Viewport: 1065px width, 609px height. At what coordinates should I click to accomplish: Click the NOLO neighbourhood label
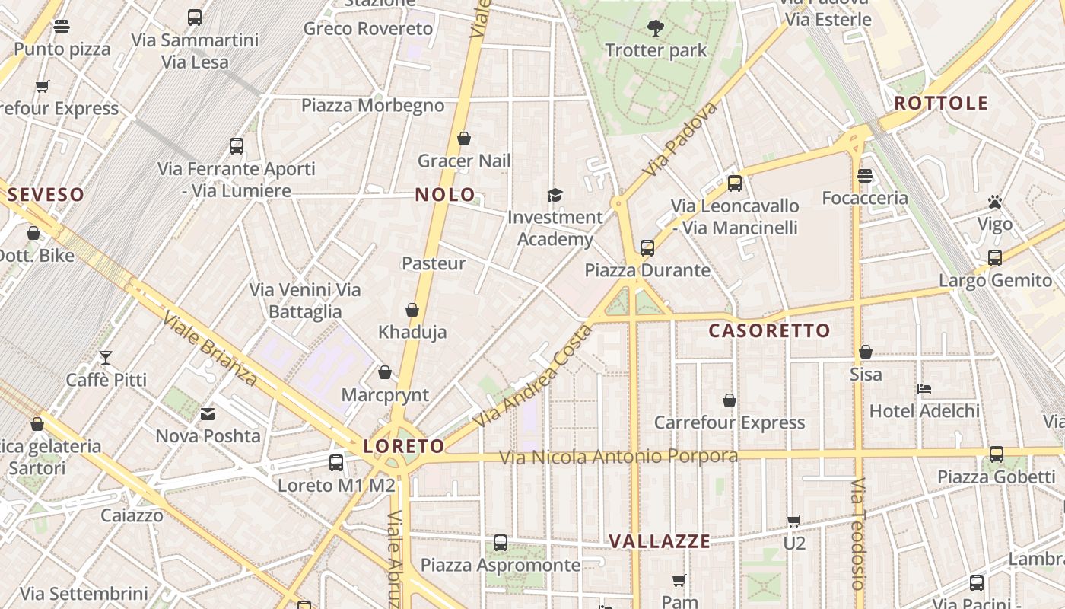click(x=445, y=195)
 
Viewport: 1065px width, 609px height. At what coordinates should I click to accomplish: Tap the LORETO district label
click(x=404, y=447)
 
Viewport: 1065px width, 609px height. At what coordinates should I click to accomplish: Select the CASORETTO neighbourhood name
click(x=769, y=331)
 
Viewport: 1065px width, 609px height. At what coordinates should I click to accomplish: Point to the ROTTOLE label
click(x=941, y=104)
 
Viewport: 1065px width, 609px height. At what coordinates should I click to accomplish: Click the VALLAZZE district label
click(x=660, y=542)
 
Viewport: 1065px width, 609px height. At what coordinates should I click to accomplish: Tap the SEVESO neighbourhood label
click(x=46, y=195)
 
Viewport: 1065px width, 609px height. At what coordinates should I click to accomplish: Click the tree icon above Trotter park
click(x=655, y=29)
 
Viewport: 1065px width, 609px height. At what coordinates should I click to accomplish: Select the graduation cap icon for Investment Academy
click(x=555, y=196)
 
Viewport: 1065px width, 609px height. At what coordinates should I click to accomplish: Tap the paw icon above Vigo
click(x=995, y=202)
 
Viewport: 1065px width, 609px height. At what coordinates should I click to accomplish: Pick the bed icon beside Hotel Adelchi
click(x=924, y=389)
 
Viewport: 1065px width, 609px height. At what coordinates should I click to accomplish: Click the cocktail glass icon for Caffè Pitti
click(x=106, y=358)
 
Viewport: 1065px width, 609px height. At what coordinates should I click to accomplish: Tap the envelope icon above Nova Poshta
click(x=208, y=414)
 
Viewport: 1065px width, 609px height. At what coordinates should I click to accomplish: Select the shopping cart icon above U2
click(x=794, y=521)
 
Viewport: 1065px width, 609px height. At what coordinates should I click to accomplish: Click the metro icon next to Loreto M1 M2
click(x=336, y=462)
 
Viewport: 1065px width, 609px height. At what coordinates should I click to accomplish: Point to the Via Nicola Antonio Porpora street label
click(x=618, y=457)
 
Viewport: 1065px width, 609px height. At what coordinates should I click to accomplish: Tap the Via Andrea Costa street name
click(x=532, y=376)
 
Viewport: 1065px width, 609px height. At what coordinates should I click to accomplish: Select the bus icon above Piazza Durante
click(x=647, y=248)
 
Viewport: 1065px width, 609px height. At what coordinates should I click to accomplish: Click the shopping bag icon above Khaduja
click(x=412, y=310)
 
